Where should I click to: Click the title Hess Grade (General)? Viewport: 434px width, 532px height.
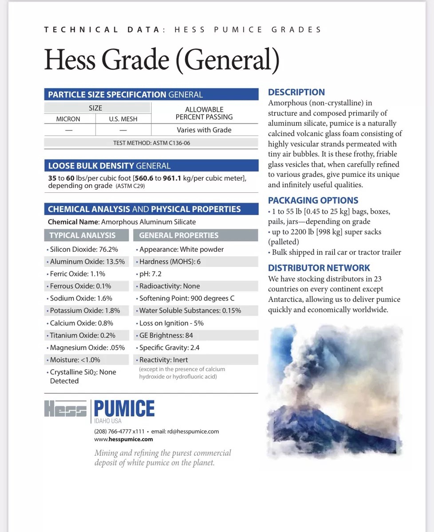pos(162,60)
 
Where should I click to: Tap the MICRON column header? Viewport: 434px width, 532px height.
pos(68,119)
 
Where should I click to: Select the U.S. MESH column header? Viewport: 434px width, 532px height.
pos(123,119)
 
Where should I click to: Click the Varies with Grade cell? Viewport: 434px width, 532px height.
pos(204,130)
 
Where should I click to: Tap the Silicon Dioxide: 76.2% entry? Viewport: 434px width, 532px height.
pos(84,249)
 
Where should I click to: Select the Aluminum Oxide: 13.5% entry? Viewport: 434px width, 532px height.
pos(87,262)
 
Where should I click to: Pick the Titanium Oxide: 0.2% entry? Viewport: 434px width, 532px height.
pos(83,335)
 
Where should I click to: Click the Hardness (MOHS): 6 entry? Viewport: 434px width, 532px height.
pos(170,262)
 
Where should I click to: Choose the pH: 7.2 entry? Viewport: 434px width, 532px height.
pos(150,274)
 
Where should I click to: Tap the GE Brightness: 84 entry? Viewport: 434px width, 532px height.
pos(166,335)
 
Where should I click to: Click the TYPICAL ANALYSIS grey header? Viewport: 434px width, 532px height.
pos(83,235)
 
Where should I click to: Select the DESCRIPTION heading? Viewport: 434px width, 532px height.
pos(296,92)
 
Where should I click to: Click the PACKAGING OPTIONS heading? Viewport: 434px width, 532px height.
pos(313,200)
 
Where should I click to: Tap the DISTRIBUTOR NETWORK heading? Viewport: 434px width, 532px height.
pos(319,268)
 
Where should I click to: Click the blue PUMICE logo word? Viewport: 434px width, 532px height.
pos(124,408)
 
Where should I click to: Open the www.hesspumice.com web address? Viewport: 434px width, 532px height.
pos(123,439)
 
